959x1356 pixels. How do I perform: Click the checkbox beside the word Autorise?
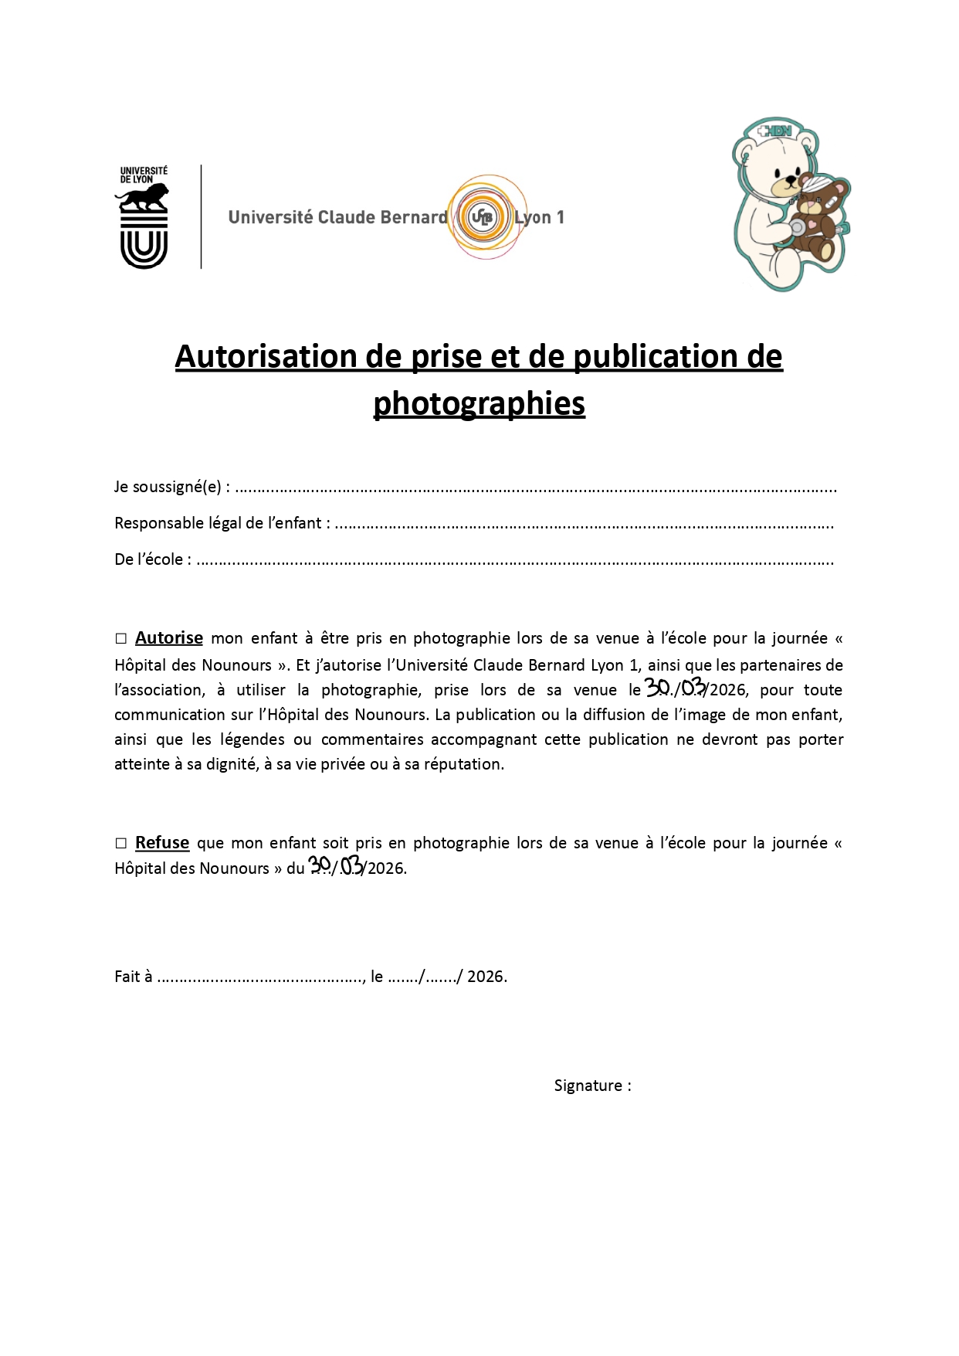[120, 639]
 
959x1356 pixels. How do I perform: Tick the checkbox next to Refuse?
[120, 843]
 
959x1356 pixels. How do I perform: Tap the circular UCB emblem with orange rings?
[482, 217]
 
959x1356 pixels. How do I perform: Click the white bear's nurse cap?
[775, 131]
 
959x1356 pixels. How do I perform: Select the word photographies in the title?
[479, 403]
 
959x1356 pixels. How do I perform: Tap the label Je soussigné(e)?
[171, 488]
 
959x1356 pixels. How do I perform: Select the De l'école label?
[153, 559]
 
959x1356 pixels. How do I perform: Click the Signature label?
[592, 1086]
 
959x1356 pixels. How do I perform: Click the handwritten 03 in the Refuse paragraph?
[352, 865]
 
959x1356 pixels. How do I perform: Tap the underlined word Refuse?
[162, 843]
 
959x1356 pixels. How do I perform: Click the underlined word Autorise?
[169, 638]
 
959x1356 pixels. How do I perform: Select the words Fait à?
[133, 977]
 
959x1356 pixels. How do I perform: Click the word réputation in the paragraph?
[463, 764]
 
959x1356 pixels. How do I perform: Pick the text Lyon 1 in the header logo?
[540, 218]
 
